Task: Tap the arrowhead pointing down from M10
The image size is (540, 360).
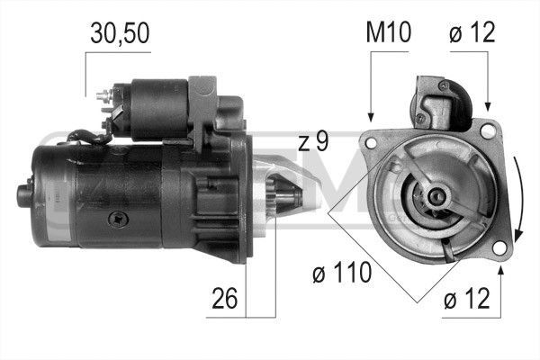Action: [x=371, y=115]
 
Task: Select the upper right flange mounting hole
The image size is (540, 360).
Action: [x=487, y=132]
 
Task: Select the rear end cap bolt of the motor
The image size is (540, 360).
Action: [x=22, y=191]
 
